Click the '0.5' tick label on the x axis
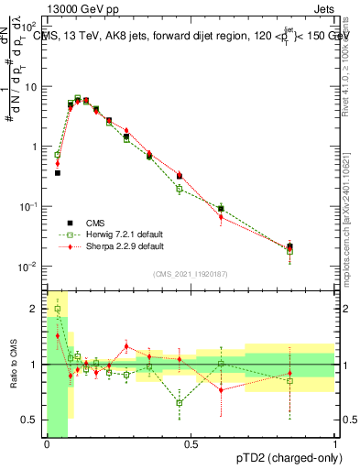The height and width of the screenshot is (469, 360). [191, 444]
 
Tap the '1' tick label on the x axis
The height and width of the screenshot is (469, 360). [334, 444]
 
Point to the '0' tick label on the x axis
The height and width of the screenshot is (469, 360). [47, 444]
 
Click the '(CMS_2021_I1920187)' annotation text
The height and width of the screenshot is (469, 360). [191, 274]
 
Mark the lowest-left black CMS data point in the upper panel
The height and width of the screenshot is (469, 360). [57, 172]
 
